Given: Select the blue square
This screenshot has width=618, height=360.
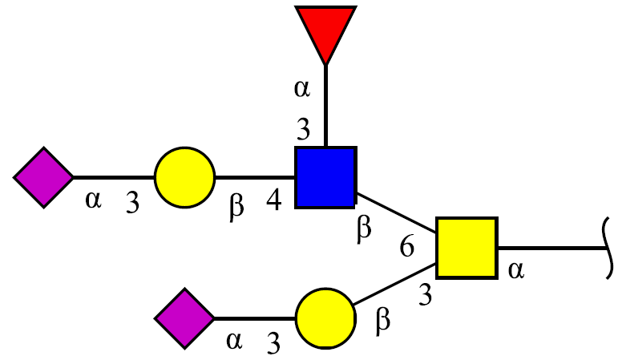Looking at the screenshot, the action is (326, 177).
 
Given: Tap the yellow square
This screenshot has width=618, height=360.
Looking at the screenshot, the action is (467, 248).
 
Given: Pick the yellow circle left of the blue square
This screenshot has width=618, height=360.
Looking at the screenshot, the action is (185, 177).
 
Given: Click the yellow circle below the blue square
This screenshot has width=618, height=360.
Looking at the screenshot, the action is (326, 318).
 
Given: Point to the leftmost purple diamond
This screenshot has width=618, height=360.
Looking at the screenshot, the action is (44, 177).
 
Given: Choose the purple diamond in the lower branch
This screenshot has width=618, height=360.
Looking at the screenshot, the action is (185, 318).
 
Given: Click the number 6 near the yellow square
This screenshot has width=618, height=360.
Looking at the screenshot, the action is (407, 247).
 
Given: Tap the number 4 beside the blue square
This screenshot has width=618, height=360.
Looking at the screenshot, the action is (274, 200).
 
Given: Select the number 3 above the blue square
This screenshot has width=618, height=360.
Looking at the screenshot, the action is (304, 130).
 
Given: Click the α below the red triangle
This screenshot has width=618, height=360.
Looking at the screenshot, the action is (302, 89).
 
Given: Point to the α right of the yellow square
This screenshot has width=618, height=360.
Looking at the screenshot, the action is (516, 271).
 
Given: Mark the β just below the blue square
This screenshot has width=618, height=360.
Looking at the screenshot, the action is (364, 229).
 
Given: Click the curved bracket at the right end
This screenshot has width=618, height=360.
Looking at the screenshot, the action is (608, 249).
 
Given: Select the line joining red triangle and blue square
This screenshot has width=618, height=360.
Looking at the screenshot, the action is (325, 106).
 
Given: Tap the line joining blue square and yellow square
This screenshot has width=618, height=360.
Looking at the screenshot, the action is (396, 212).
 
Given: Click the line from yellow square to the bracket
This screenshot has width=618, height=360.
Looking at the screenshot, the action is (551, 248).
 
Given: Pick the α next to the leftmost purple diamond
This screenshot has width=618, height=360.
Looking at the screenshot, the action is (94, 200).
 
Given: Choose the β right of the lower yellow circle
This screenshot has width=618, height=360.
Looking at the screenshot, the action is (382, 322).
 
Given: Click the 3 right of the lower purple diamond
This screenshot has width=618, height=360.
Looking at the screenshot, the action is (273, 342).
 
